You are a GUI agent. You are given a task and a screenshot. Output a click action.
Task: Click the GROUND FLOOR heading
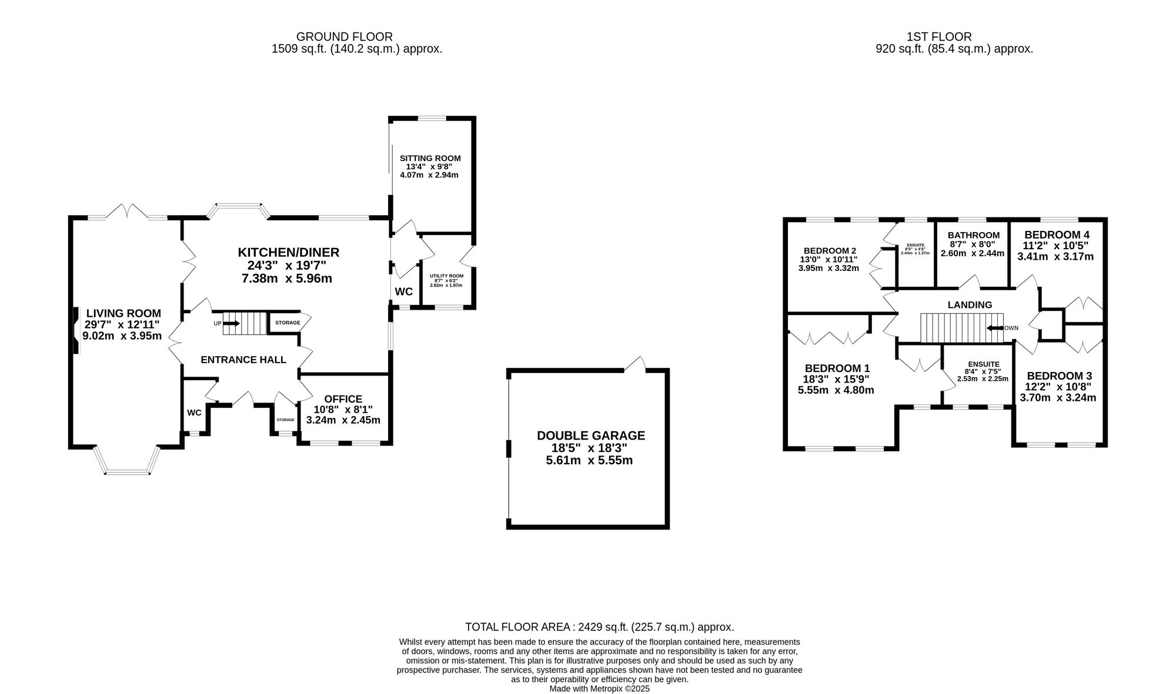pyautogui.click(x=345, y=37)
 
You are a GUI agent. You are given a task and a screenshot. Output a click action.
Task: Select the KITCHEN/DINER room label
pyautogui.click(x=288, y=253)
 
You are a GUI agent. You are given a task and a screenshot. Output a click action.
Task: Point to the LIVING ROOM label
pyautogui.click(x=123, y=314)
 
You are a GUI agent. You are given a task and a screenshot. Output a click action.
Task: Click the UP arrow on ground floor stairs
pyautogui.click(x=232, y=323)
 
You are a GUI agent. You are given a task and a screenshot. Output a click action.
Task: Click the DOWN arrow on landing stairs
pyautogui.click(x=995, y=328)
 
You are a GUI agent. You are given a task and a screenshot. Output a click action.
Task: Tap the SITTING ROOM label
pyautogui.click(x=430, y=159)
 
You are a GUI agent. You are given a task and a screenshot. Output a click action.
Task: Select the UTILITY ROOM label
pyautogui.click(x=446, y=276)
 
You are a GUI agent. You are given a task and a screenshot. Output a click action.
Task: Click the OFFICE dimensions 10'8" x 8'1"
pyautogui.click(x=343, y=410)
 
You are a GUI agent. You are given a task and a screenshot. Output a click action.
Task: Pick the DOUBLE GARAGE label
pyautogui.click(x=590, y=435)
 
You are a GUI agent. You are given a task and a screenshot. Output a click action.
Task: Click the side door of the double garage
pyautogui.click(x=636, y=365)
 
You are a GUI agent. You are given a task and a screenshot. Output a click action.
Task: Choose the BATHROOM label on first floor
pyautogui.click(x=973, y=235)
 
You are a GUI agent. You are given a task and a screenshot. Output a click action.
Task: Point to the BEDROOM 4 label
pyautogui.click(x=1057, y=234)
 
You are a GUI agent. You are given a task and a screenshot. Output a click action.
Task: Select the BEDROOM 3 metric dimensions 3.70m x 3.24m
pyautogui.click(x=1058, y=397)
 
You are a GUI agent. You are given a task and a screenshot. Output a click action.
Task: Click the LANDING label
pyautogui.click(x=970, y=305)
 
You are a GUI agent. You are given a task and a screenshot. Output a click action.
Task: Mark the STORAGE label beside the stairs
pyautogui.click(x=288, y=323)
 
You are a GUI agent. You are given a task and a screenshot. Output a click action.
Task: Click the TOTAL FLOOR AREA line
pyautogui.click(x=599, y=627)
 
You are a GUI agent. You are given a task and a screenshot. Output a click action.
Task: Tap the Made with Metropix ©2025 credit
pyautogui.click(x=599, y=688)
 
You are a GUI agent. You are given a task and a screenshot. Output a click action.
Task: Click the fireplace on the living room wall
pyautogui.click(x=76, y=331)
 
